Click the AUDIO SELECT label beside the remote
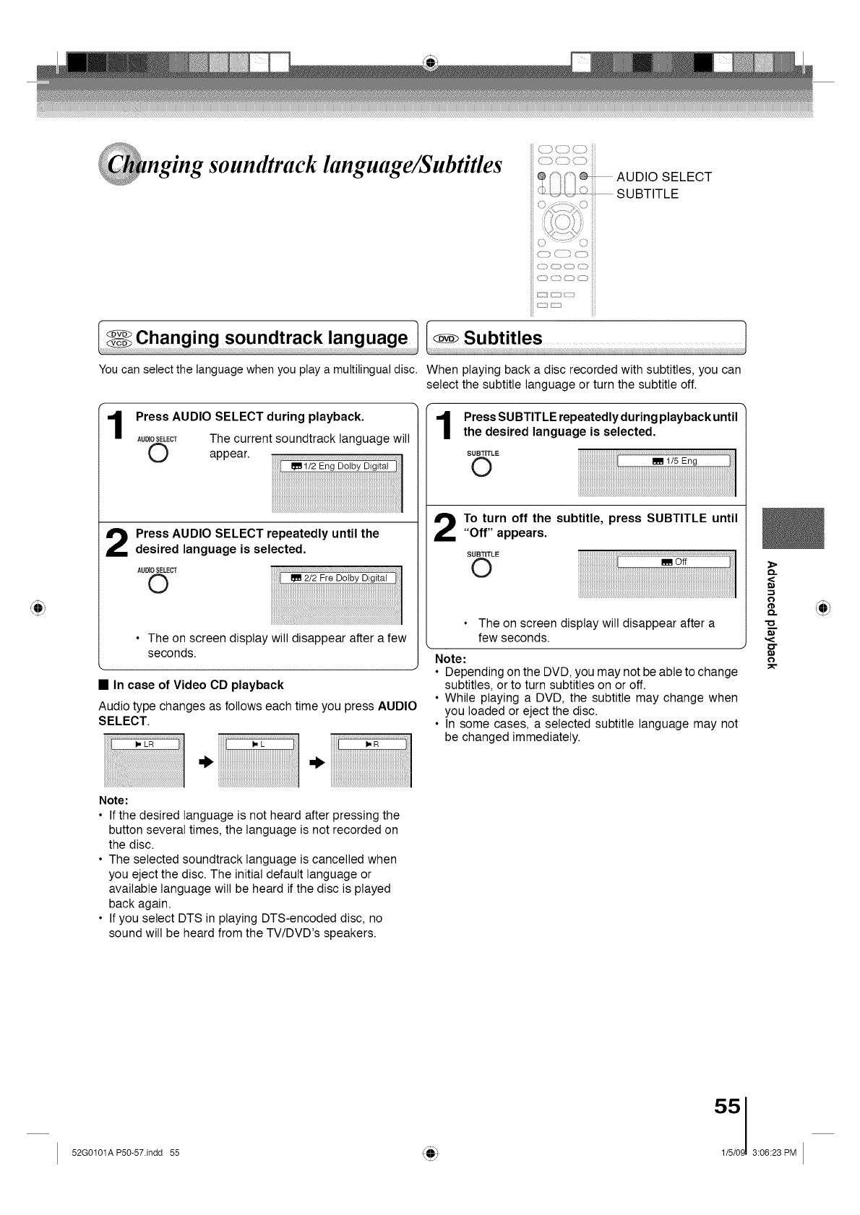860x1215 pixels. point(663,177)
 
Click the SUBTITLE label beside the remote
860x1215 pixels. point(647,194)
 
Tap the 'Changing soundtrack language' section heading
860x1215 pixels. point(271,338)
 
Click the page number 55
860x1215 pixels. point(727,1107)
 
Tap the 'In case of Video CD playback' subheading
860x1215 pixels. point(198,685)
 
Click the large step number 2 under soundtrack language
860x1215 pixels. point(115,542)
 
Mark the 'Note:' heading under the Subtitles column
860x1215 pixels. point(450,660)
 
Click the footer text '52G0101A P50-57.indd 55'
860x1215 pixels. point(126,1153)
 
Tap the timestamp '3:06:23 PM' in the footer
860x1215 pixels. point(774,1153)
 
